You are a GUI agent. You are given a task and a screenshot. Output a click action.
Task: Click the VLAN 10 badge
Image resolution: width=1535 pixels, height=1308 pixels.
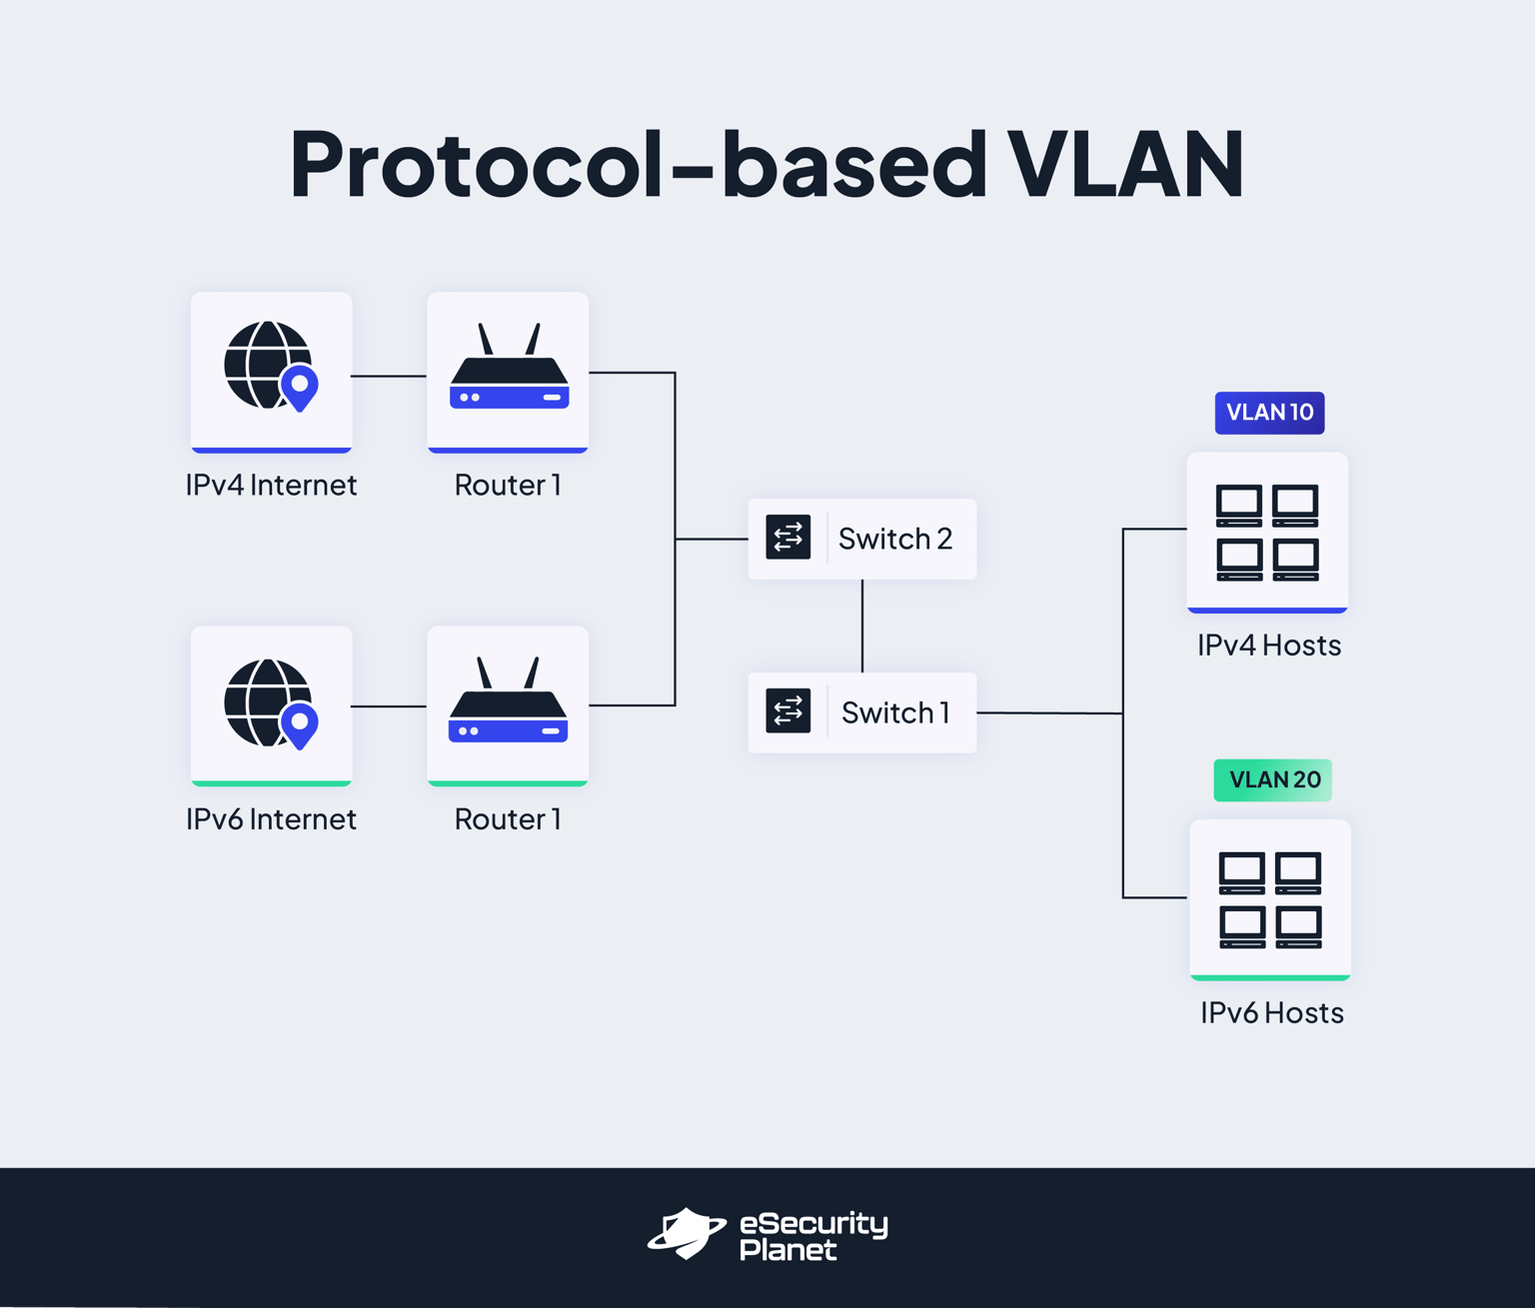(x=1269, y=413)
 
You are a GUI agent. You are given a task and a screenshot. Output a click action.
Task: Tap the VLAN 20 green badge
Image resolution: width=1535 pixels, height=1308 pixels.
(x=1272, y=780)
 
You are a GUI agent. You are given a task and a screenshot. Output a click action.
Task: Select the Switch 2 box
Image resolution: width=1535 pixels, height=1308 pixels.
(x=861, y=539)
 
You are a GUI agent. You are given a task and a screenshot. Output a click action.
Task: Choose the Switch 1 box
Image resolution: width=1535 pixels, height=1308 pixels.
(x=861, y=712)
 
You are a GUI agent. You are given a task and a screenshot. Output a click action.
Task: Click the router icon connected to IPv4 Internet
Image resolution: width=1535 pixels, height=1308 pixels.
(x=509, y=369)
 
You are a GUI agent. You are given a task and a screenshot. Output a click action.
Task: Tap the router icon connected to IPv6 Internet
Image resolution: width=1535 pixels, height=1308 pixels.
(x=508, y=702)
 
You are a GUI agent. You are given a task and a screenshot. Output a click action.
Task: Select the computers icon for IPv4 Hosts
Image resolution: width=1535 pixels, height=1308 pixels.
(x=1267, y=533)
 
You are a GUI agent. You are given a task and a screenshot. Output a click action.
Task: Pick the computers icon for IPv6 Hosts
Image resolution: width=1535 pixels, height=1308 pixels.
(x=1270, y=899)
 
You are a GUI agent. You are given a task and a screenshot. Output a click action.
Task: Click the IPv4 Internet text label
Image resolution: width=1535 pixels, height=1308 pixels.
(x=271, y=486)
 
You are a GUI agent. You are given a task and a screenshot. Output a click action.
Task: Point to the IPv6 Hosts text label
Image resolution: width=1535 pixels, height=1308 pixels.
(x=1271, y=1013)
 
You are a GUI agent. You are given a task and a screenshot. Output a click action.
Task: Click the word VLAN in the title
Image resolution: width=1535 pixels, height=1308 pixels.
(x=1124, y=165)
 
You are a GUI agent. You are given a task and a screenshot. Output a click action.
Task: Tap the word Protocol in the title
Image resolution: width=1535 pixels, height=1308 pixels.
(x=476, y=165)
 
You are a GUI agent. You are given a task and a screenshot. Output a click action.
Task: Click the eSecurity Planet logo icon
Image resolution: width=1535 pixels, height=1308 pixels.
(x=687, y=1234)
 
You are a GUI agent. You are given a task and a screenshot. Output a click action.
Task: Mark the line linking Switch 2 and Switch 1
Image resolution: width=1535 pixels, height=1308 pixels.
(x=862, y=626)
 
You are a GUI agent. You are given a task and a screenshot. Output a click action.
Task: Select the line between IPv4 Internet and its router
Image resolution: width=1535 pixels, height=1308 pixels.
(x=389, y=377)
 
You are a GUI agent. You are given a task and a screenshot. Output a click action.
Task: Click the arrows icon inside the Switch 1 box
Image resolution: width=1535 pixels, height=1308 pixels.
(x=787, y=711)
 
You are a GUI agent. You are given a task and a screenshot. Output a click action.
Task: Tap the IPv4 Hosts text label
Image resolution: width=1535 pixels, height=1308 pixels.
(x=1269, y=646)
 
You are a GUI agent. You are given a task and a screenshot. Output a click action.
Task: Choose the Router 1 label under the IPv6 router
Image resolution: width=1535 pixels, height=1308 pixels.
(x=508, y=819)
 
